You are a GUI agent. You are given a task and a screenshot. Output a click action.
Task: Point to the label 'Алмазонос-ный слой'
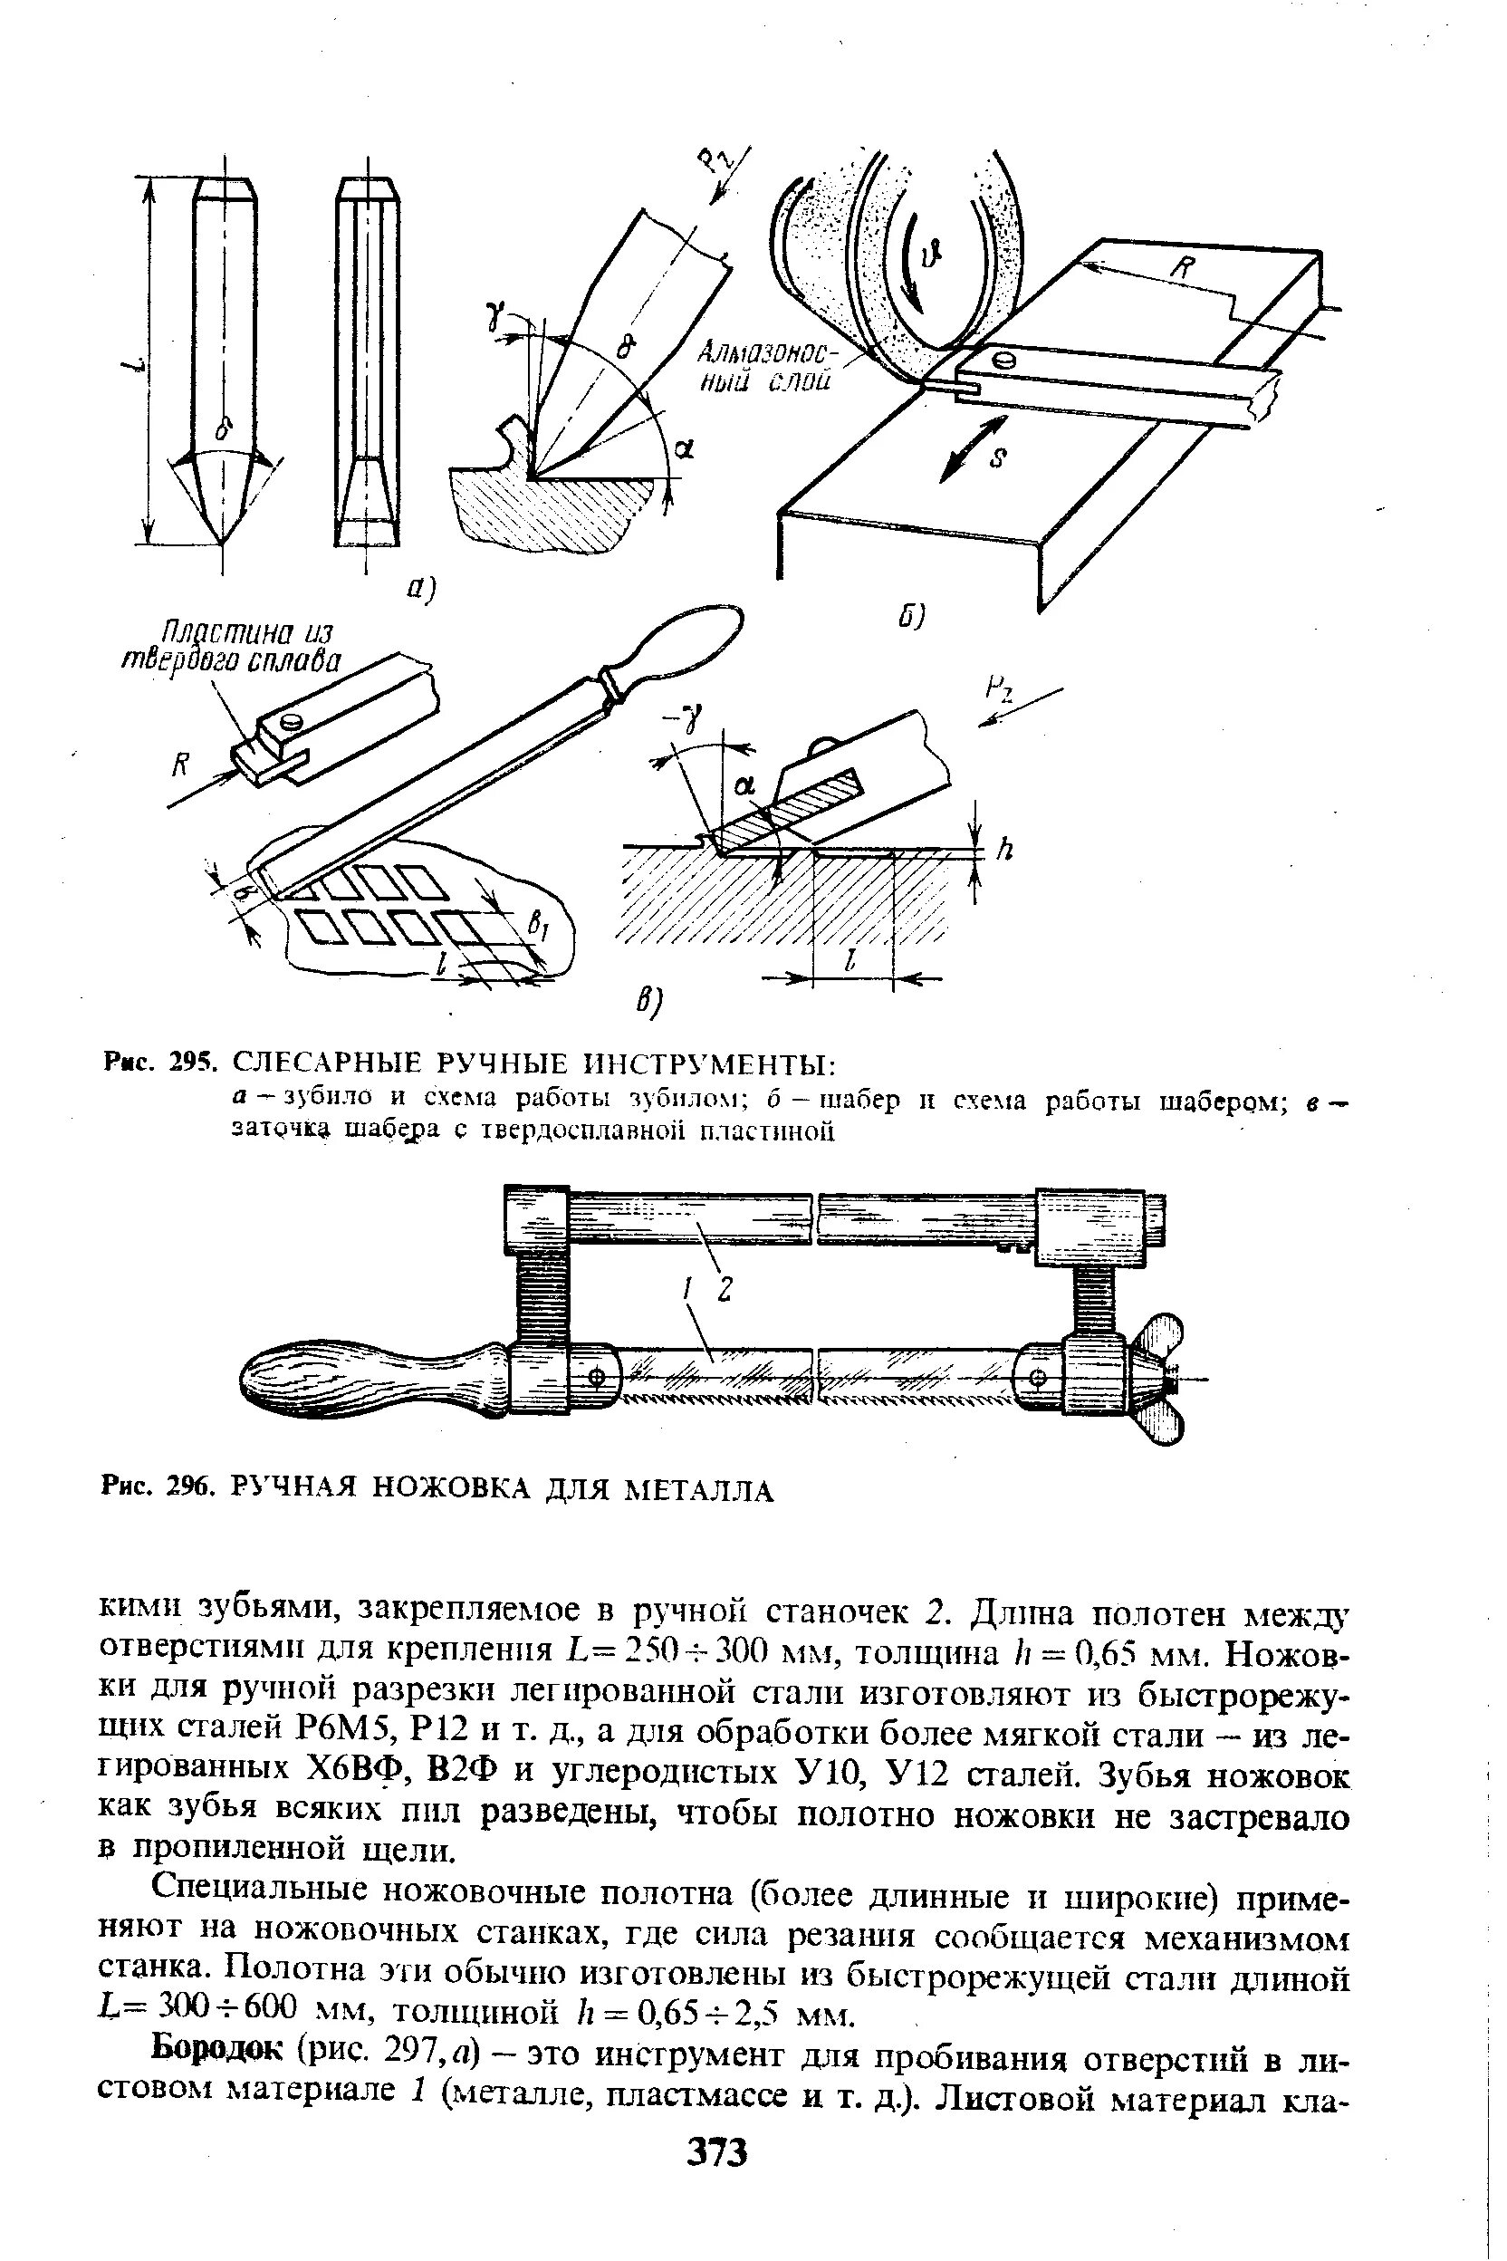(770, 366)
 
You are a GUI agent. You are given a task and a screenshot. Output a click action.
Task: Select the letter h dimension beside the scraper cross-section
(1006, 850)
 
